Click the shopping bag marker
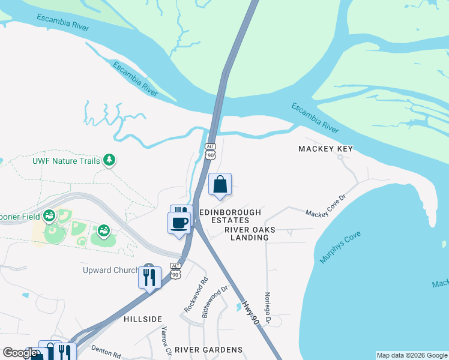point(220,185)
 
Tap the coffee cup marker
point(179,223)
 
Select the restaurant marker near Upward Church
point(149,277)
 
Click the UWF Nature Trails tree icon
point(109,160)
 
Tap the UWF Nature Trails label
point(66,161)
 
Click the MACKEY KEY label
point(326,148)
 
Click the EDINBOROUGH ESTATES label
point(230,217)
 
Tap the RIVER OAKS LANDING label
point(247,233)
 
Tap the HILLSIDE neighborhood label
point(143,320)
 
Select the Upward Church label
point(110,271)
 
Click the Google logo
point(20,353)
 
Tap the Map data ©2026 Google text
point(412,355)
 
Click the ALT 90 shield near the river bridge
point(210,151)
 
